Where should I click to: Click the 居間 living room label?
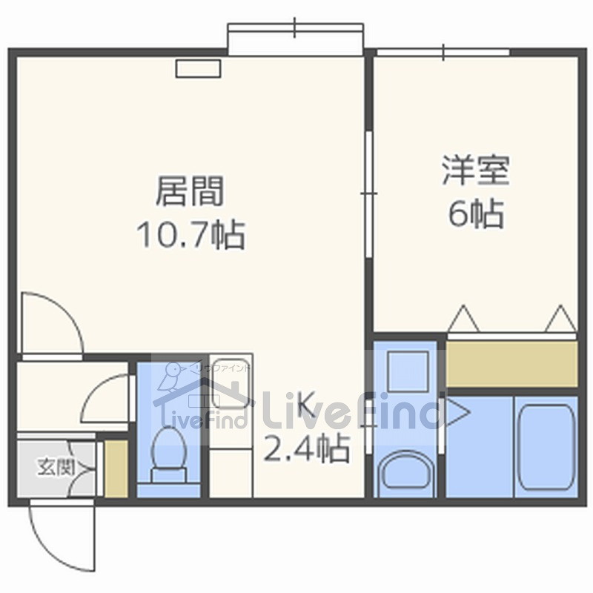click(x=190, y=191)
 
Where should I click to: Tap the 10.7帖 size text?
click(x=191, y=234)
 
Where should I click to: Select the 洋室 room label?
click(x=476, y=170)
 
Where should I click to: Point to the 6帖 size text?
click(x=476, y=213)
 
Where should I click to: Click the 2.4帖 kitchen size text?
click(x=306, y=448)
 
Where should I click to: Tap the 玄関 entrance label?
click(x=56, y=468)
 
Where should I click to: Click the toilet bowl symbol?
click(x=169, y=454)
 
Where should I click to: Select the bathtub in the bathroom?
click(x=546, y=447)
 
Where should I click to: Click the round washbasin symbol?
click(x=405, y=471)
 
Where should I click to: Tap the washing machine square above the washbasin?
click(x=408, y=371)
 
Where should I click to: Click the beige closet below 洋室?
click(x=512, y=364)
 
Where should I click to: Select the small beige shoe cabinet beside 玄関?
click(x=116, y=468)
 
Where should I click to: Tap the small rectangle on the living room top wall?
click(x=198, y=68)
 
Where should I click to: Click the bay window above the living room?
click(x=295, y=39)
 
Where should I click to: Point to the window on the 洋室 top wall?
click(x=443, y=52)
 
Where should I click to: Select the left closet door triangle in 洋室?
click(x=464, y=319)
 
